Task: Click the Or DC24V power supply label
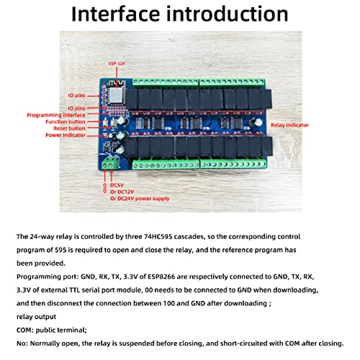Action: pos(148,199)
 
